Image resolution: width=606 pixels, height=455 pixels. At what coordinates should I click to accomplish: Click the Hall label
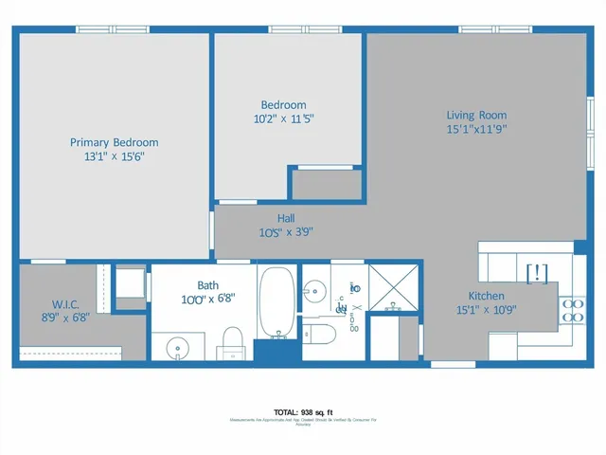(285, 218)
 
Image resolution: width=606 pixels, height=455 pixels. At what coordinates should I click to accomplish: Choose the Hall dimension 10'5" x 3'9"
(285, 231)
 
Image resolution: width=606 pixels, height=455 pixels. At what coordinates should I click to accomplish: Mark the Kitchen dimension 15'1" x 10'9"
(486, 309)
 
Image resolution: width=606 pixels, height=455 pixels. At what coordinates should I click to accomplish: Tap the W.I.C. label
(65, 304)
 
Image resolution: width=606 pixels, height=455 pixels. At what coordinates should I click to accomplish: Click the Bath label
(208, 284)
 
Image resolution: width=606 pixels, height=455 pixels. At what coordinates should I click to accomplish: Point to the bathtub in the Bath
(276, 302)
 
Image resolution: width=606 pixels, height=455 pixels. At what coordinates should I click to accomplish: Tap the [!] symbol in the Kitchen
(536, 273)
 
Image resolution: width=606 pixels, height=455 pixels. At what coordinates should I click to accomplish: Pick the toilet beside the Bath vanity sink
(231, 341)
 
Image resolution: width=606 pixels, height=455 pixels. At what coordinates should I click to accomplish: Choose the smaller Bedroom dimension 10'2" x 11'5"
(284, 119)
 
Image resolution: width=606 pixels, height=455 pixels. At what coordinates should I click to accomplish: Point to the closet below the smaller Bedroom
(327, 184)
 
